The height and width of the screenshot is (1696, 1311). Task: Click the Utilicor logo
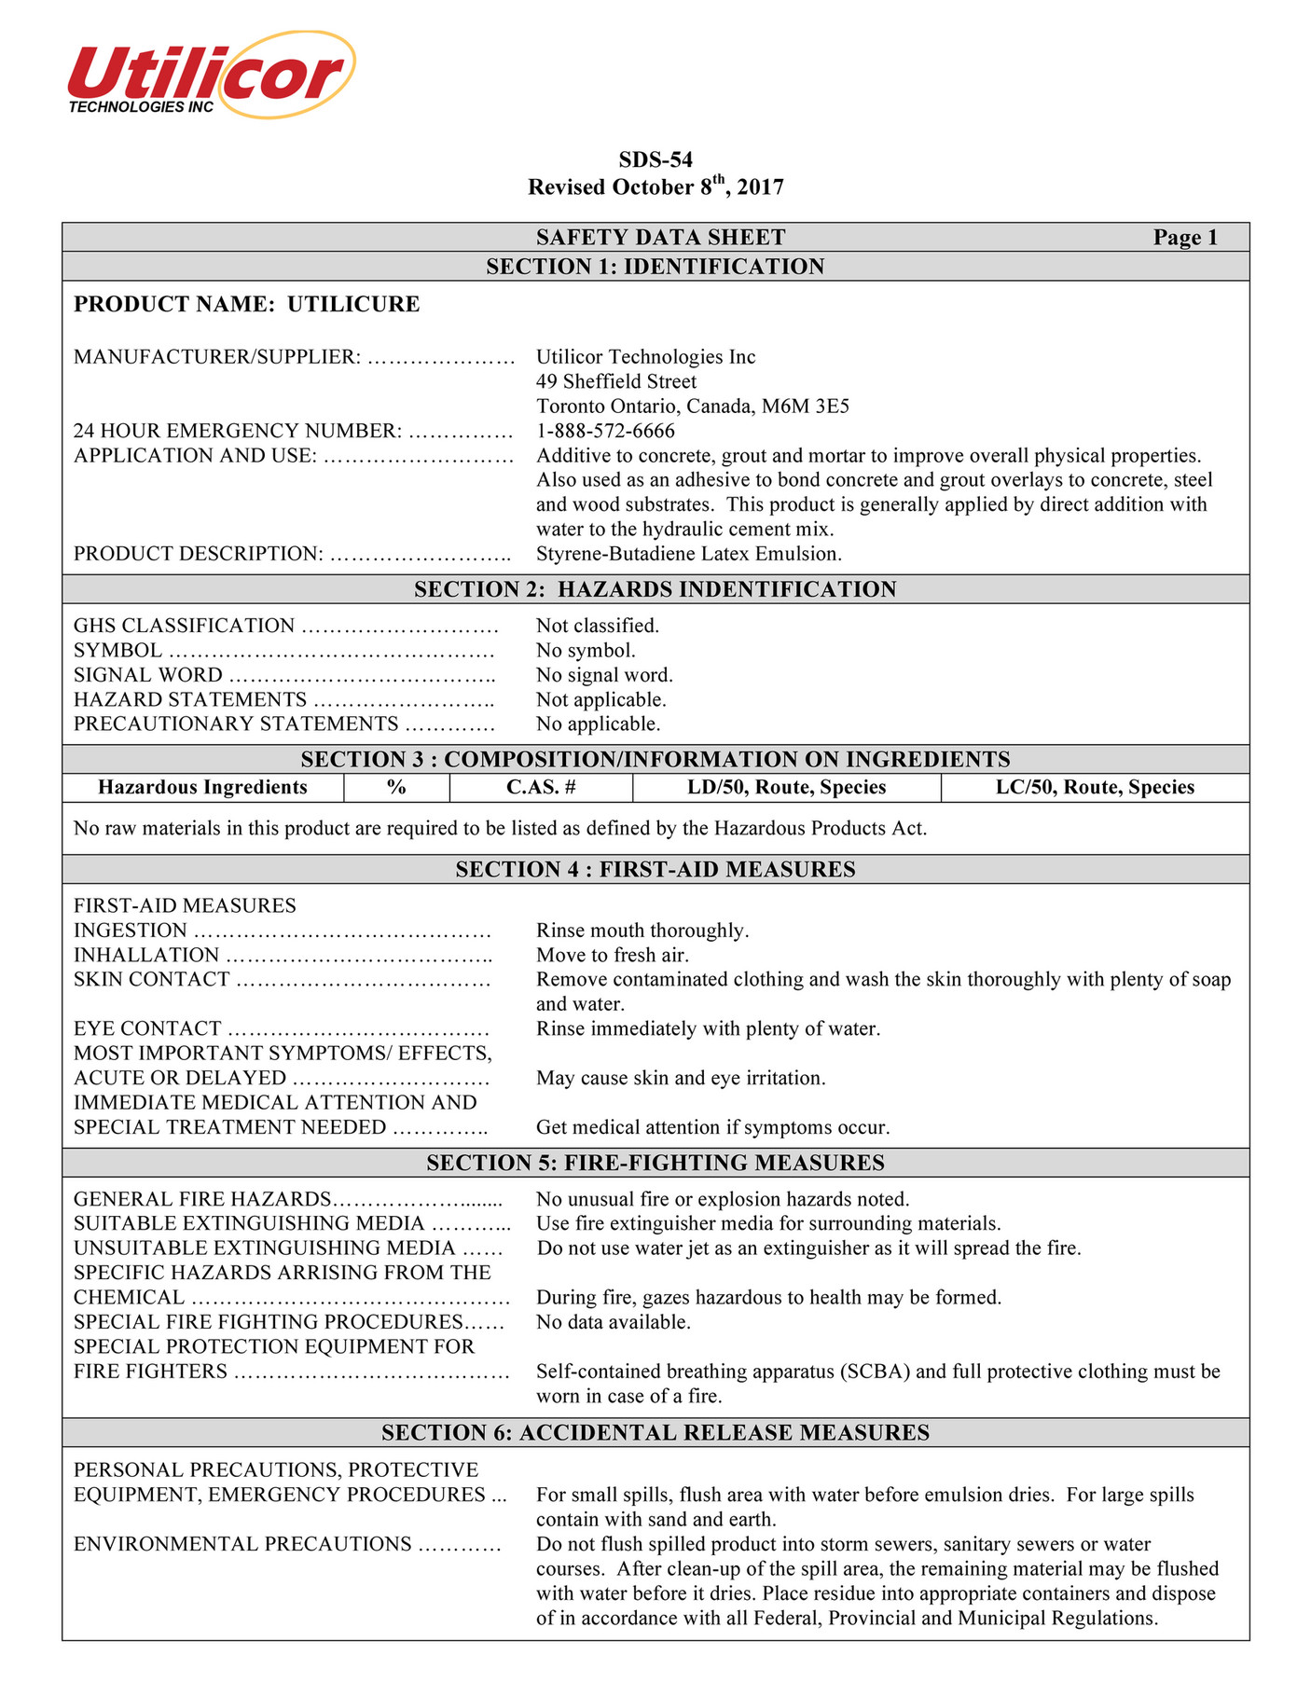point(211,76)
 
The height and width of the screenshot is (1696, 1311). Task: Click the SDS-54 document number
point(655,159)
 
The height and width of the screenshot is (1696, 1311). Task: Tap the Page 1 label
point(1185,238)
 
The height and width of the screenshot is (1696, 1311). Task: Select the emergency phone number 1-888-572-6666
point(605,431)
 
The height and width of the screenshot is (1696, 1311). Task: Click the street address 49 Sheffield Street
point(615,381)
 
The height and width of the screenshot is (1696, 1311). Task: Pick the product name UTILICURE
point(353,304)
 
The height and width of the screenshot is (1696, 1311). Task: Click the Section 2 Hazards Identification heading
point(655,589)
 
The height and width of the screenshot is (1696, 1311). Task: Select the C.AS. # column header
point(541,787)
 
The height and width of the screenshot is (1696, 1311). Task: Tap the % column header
point(396,787)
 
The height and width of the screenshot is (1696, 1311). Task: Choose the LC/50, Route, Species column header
point(1095,787)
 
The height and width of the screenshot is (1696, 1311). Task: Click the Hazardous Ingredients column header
point(202,787)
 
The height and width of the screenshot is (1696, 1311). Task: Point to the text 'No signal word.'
point(604,675)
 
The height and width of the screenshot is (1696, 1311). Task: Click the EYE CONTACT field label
point(147,1028)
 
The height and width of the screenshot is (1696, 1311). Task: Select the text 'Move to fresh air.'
point(613,955)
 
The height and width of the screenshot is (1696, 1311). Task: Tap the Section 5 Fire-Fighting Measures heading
point(655,1163)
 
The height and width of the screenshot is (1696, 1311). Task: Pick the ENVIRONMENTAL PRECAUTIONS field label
point(242,1544)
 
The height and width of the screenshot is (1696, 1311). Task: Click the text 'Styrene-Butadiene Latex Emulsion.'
point(689,554)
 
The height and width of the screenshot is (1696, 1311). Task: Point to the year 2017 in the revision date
point(760,187)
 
